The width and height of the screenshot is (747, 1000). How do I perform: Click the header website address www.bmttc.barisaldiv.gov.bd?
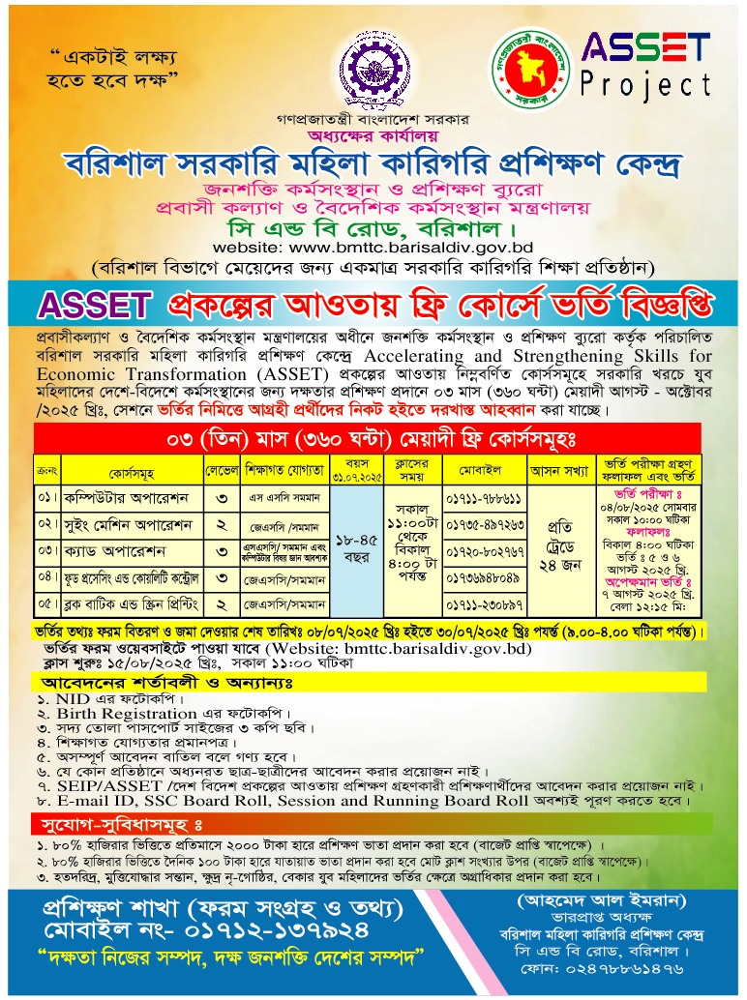[373, 248]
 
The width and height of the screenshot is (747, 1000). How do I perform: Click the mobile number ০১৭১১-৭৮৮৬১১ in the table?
[484, 500]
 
